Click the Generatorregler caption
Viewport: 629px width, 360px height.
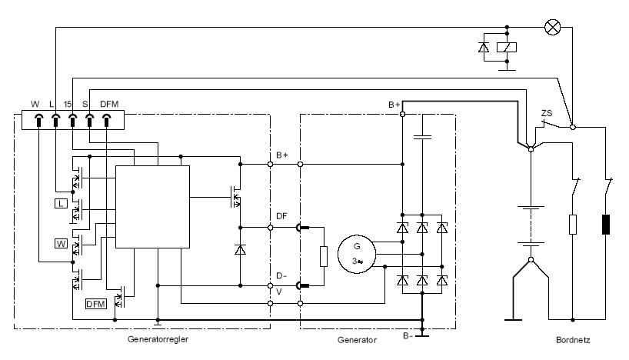pyautogui.click(x=158, y=339)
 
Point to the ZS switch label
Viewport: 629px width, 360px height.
pyautogui.click(x=547, y=114)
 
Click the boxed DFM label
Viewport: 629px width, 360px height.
pyautogui.click(x=95, y=304)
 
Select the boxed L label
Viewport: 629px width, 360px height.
pyautogui.click(x=60, y=203)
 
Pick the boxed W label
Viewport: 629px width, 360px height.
pyautogui.click(x=60, y=244)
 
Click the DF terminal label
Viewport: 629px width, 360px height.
pyautogui.click(x=281, y=216)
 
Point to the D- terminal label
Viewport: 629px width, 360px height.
pyautogui.click(x=281, y=275)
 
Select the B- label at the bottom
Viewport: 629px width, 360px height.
pyautogui.click(x=407, y=335)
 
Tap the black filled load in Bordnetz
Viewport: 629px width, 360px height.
pyautogui.click(x=607, y=224)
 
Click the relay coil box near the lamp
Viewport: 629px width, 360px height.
pyautogui.click(x=508, y=47)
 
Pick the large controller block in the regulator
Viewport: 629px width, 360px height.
pyautogui.click(x=152, y=206)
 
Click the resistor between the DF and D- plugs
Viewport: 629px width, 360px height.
pyautogui.click(x=324, y=256)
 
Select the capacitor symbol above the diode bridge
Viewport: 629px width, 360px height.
pyautogui.click(x=420, y=138)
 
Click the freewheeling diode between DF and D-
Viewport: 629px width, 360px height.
pyautogui.click(x=240, y=250)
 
